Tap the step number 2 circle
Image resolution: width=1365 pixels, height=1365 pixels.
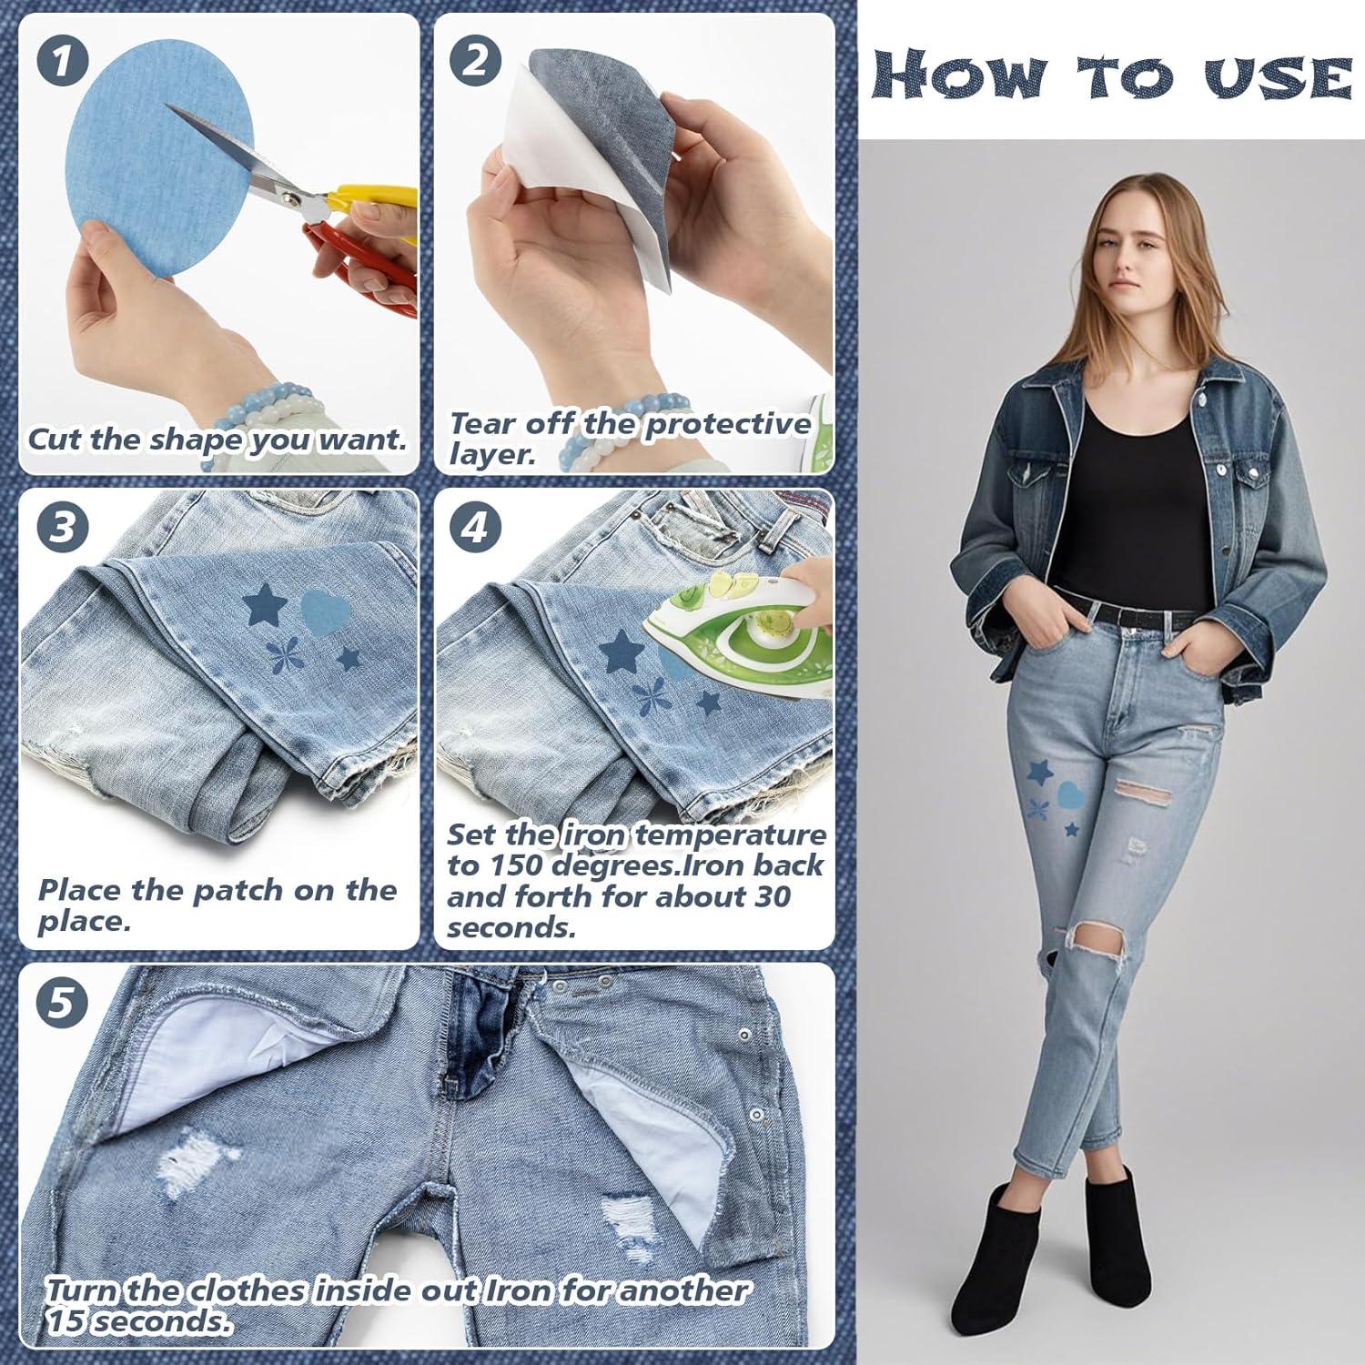coord(475,60)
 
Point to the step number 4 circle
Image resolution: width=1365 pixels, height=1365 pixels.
coord(475,529)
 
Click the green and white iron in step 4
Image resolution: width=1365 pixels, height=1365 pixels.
coord(728,646)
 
